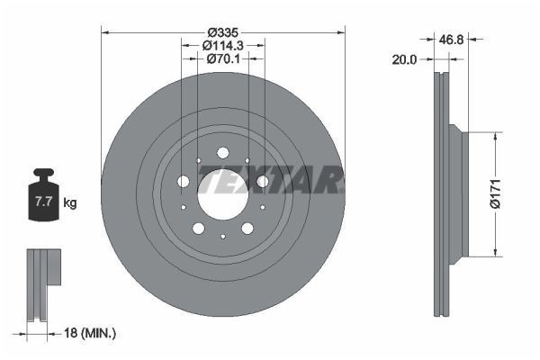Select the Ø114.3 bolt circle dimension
(x=222, y=45)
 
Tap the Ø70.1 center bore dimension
(x=222, y=59)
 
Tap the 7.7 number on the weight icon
(x=42, y=202)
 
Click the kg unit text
(x=70, y=203)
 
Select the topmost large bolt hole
(x=222, y=154)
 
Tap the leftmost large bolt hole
(x=184, y=182)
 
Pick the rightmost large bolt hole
(x=262, y=182)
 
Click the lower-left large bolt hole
(x=198, y=228)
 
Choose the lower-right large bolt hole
(x=247, y=228)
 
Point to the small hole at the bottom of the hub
(x=222, y=236)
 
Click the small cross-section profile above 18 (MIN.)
(x=42, y=283)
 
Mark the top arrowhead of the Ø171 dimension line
(x=493, y=136)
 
